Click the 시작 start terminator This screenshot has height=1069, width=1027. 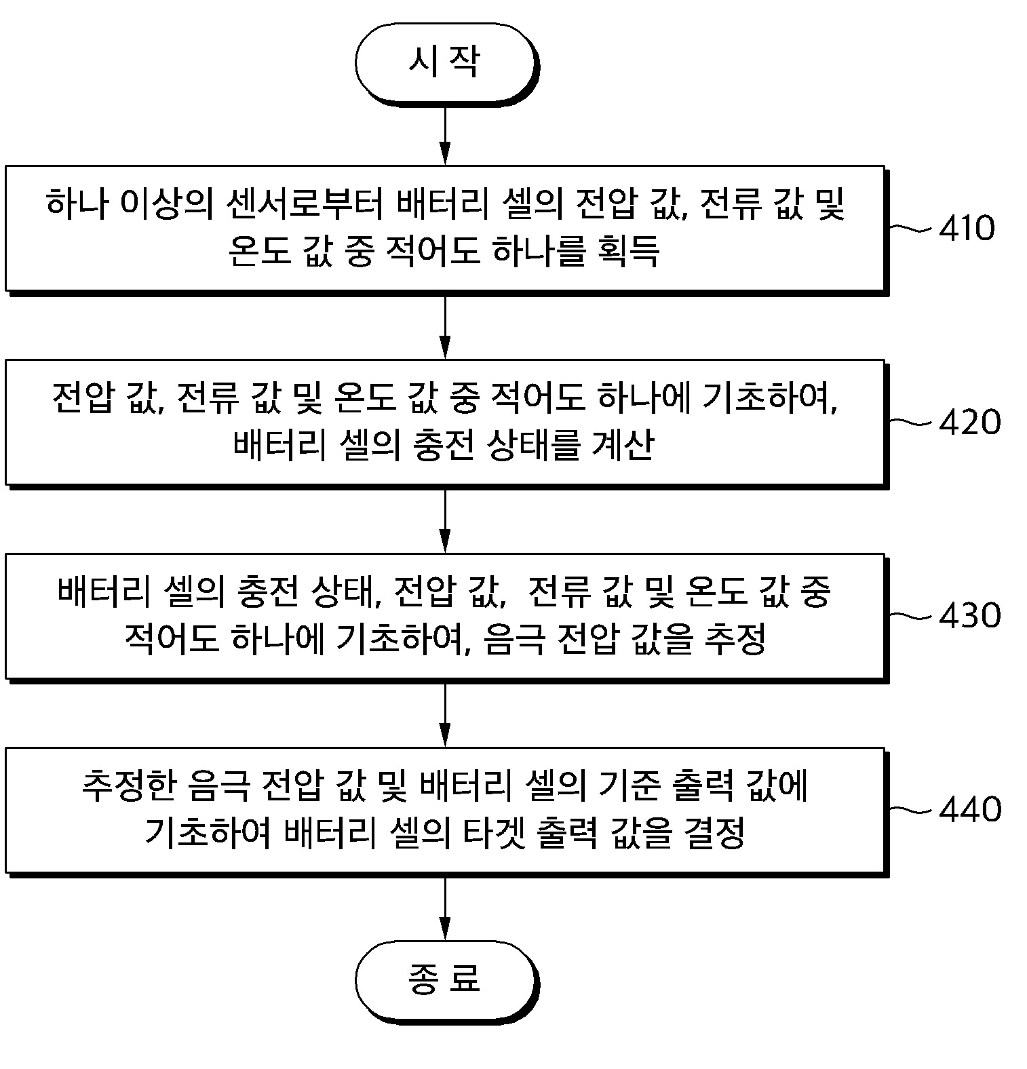point(445,63)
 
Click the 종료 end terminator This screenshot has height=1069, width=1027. point(445,979)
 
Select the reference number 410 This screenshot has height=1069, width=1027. point(967,229)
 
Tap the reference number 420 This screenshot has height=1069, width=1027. point(969,423)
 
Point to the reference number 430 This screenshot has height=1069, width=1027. point(969,616)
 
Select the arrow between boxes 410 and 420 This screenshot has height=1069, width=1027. point(445,326)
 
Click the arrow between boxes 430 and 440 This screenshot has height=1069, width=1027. point(445,714)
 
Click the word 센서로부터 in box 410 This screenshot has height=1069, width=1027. point(303,203)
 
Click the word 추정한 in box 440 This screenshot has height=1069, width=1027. point(128,785)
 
